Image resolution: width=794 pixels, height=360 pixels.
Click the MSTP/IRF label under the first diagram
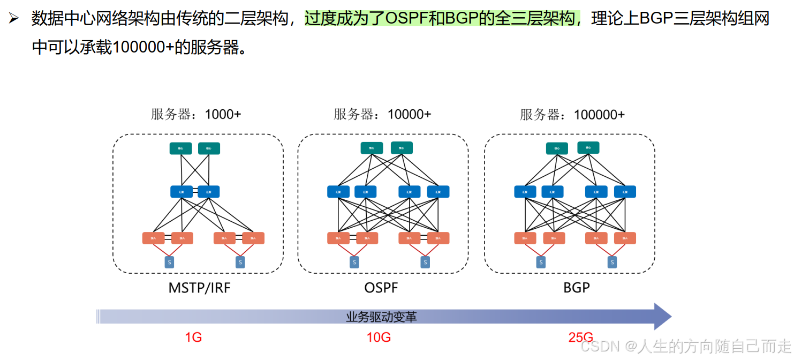(x=199, y=288)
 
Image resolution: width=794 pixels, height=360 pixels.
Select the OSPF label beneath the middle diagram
(x=381, y=288)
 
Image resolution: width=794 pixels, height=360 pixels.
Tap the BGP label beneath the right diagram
(x=577, y=288)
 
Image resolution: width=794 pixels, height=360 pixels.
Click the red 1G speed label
(x=193, y=337)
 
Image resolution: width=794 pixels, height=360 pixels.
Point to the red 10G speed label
(x=379, y=337)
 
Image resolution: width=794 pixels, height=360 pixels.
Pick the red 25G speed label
(x=581, y=337)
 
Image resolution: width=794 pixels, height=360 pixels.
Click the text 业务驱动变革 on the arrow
(x=381, y=317)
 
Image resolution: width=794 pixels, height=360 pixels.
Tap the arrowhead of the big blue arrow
(x=662, y=317)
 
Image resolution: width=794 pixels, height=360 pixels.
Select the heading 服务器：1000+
(x=196, y=114)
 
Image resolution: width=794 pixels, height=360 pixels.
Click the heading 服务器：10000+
(x=382, y=114)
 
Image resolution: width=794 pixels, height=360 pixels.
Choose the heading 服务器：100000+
(x=572, y=114)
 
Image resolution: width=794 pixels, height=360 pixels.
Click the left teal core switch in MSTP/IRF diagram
(x=180, y=148)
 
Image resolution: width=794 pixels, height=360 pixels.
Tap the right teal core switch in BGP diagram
(x=588, y=147)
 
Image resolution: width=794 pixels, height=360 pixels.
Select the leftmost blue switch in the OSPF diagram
(x=338, y=192)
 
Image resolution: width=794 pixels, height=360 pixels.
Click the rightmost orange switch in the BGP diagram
(x=625, y=238)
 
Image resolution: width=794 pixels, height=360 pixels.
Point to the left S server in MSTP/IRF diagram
(x=169, y=262)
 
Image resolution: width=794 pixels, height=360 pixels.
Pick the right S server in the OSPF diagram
(x=425, y=262)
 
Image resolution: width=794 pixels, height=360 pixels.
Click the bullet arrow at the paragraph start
(x=13, y=19)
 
